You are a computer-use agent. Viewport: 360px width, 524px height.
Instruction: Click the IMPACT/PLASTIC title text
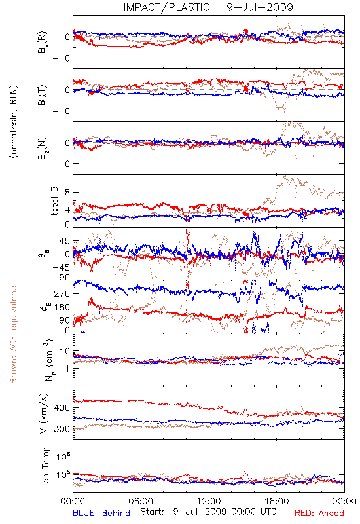pos(167,7)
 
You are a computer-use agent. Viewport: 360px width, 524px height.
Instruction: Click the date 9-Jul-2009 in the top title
pos(260,7)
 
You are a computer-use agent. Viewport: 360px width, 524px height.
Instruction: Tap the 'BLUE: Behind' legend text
pos(101,513)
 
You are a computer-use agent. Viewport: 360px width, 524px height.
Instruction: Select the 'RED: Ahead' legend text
pos(319,513)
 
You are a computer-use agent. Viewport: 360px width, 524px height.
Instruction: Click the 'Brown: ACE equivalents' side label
pos(13,333)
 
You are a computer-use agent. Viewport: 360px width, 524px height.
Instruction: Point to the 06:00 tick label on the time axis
pos(141,501)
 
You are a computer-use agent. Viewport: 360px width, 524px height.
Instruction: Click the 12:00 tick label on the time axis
pos(209,501)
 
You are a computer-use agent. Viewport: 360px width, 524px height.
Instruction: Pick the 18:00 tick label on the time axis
pos(277,501)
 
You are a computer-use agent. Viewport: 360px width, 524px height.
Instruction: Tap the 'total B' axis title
pos(54,201)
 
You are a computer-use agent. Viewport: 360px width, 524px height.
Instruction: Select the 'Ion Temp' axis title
pos(45,466)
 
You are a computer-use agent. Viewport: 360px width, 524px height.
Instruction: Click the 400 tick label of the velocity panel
pos(62,407)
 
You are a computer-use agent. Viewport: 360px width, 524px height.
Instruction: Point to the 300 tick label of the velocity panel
pos(62,429)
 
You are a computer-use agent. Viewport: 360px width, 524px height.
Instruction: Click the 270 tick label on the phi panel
pos(62,293)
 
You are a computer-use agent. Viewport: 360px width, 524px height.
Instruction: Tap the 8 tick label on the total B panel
pos(67,192)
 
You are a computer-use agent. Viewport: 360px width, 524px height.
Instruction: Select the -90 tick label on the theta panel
pos(61,277)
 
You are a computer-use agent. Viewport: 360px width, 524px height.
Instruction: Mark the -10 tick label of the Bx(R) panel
pos(61,58)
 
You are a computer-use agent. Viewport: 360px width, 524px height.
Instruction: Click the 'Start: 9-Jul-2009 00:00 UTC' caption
pos(208,512)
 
